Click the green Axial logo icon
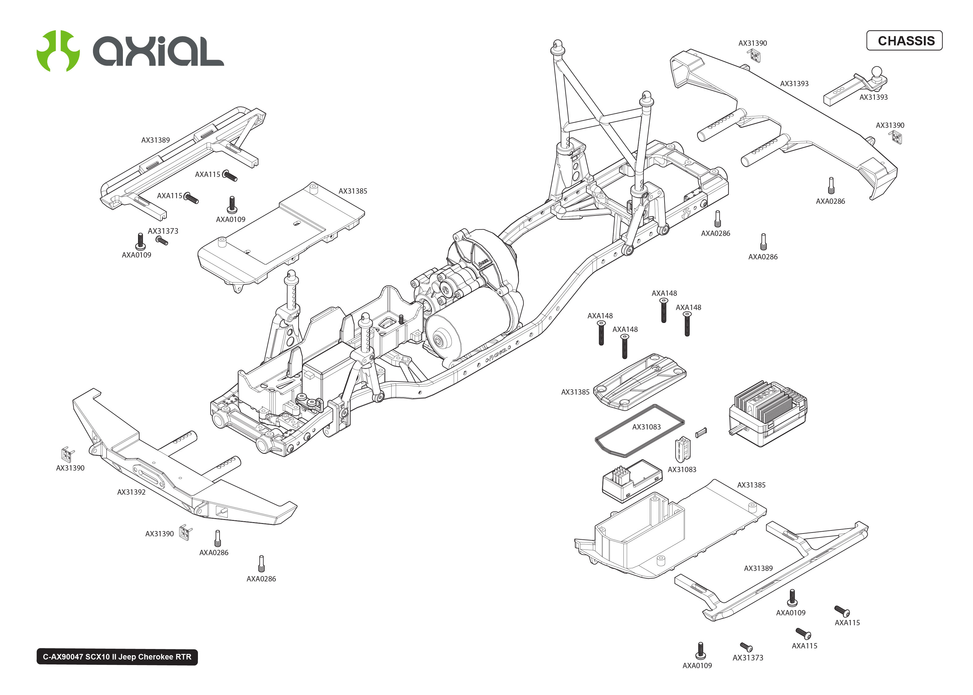pos(58,51)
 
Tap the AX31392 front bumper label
pos(131,492)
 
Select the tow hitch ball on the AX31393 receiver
pos(876,71)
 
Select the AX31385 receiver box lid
pos(640,381)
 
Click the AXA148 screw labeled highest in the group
pos(663,311)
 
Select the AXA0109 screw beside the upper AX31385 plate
pos(232,205)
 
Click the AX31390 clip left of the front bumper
pos(67,454)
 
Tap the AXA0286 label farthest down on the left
pos(261,579)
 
